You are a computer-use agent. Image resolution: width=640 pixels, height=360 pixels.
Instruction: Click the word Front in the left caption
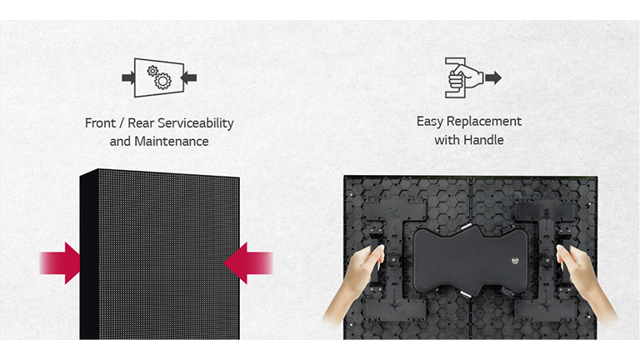coord(100,123)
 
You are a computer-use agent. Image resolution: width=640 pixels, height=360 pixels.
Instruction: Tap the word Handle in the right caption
coord(485,140)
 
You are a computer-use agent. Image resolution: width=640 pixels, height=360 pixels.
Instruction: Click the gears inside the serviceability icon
coord(159,77)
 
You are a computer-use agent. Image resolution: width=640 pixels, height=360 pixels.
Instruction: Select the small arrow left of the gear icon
coord(128,77)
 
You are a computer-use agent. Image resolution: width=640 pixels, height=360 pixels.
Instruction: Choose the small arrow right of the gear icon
coord(189,77)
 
